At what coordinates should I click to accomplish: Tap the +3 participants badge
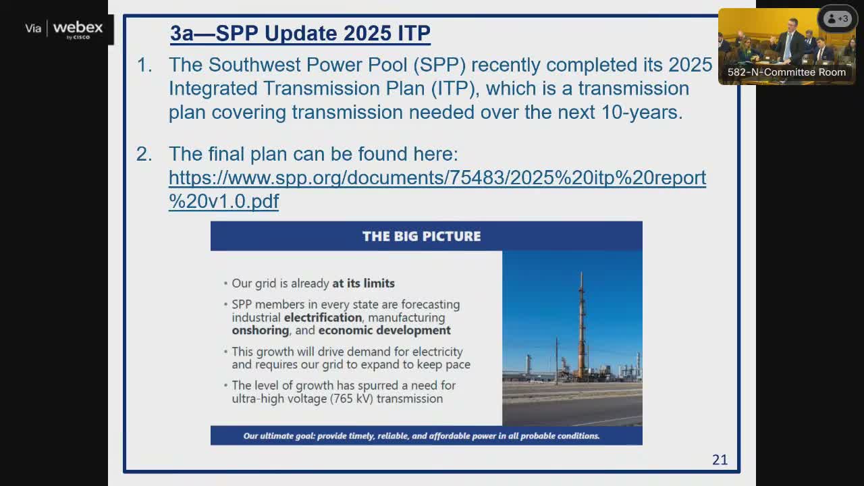(838, 18)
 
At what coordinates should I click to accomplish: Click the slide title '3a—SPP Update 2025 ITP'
(300, 33)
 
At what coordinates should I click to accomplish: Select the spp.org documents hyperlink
(437, 190)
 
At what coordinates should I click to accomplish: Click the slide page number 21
(720, 460)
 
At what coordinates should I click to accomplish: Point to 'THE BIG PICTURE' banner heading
(422, 236)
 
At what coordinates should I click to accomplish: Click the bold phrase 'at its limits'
(363, 283)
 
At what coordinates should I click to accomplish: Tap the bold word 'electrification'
(323, 317)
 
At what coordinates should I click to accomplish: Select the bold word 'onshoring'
(261, 331)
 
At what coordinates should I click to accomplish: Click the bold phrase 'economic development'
(384, 331)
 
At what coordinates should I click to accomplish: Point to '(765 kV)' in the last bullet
(352, 398)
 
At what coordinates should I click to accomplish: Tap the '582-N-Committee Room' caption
(786, 72)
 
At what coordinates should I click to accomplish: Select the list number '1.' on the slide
(144, 65)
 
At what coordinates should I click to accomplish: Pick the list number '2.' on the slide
(144, 154)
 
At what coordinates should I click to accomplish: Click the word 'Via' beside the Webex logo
(33, 28)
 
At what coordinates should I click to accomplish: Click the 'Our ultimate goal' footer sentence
(422, 436)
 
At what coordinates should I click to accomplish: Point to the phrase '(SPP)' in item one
(439, 65)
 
